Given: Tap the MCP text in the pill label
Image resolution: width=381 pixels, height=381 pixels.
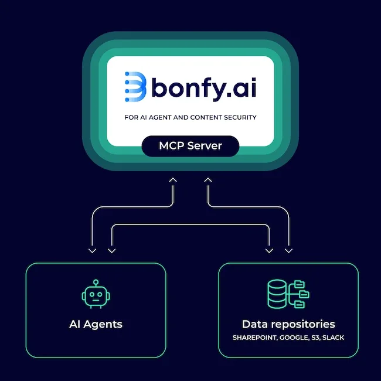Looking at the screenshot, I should click(x=172, y=145).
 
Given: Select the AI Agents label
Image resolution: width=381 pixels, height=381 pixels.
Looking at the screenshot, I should click(x=95, y=324).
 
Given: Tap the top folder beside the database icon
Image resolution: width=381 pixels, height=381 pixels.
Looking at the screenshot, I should click(x=300, y=285).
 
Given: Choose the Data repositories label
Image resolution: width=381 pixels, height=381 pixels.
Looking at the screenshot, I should click(x=288, y=324).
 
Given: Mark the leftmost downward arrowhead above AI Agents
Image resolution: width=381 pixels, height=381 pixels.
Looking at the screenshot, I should click(x=92, y=251).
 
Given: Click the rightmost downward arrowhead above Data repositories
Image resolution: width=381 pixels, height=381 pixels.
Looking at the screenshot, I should click(x=288, y=251).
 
